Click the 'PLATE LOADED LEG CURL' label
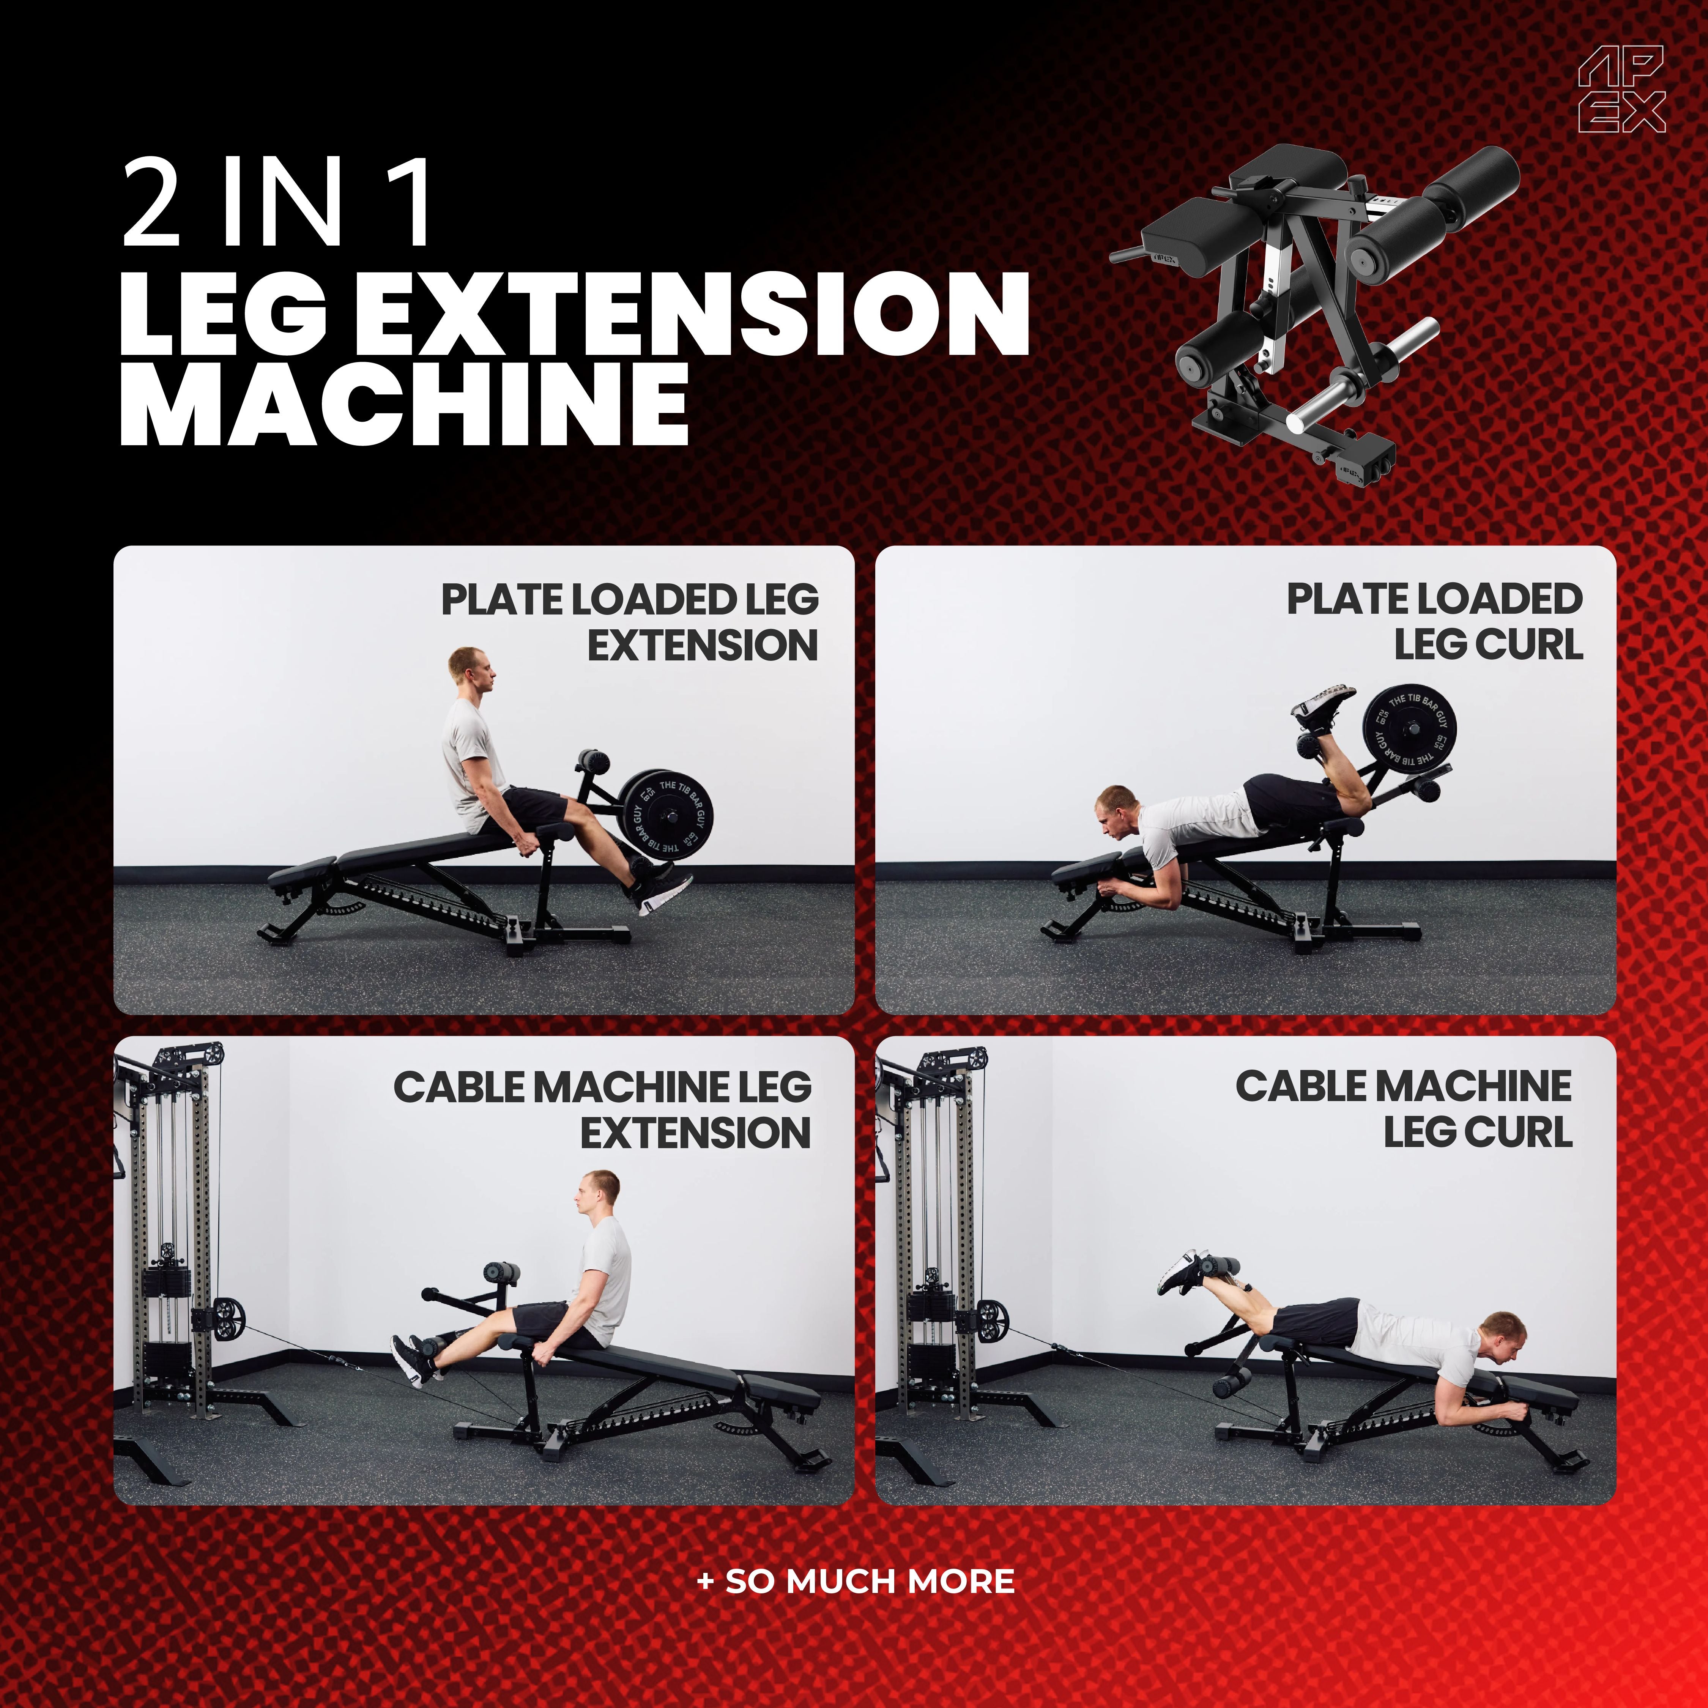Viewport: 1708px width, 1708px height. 1434,621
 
